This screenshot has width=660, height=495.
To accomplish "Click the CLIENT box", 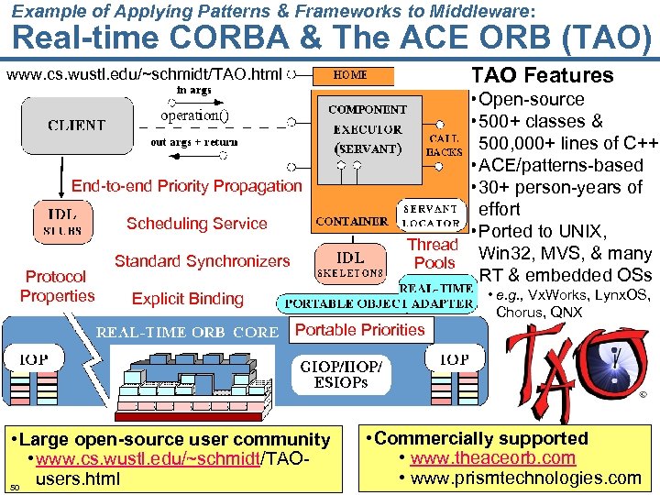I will [x=76, y=126].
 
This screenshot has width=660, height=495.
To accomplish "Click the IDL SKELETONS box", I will [x=350, y=263].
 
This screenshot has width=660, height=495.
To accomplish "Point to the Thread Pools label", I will [x=434, y=253].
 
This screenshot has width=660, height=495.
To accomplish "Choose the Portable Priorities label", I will [x=360, y=330].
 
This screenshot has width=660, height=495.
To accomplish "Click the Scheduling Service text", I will [x=196, y=224].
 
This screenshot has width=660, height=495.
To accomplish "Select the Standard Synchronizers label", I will [x=202, y=261].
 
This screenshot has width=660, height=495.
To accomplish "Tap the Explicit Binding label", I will [x=188, y=299].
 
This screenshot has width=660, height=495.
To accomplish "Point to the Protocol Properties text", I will [x=57, y=286].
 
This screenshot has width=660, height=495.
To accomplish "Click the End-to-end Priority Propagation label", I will [x=186, y=186].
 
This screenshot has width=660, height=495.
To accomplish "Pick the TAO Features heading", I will [x=541, y=75].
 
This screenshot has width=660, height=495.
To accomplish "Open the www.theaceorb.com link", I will [x=492, y=458].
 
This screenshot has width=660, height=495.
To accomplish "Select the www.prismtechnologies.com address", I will [x=525, y=478].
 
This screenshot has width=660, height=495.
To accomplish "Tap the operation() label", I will [x=194, y=116].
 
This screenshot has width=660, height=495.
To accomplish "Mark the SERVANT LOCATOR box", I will [x=430, y=215].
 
